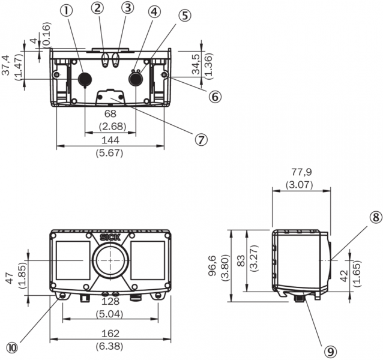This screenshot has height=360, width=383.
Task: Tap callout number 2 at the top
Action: pos(98,8)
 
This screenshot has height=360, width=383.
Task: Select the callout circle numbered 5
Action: pos(184,16)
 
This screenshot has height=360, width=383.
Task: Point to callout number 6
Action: pos(214,95)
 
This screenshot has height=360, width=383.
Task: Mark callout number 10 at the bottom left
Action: pos(12,347)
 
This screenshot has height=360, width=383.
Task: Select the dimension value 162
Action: pos(110,333)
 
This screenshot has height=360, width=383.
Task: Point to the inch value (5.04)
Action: pos(110,313)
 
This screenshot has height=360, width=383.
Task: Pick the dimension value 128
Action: pos(110,301)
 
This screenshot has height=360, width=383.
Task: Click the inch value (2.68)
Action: pos(110,125)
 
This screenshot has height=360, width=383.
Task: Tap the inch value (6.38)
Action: pos(110,346)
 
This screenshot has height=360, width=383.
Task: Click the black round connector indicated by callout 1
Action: pos(85,78)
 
